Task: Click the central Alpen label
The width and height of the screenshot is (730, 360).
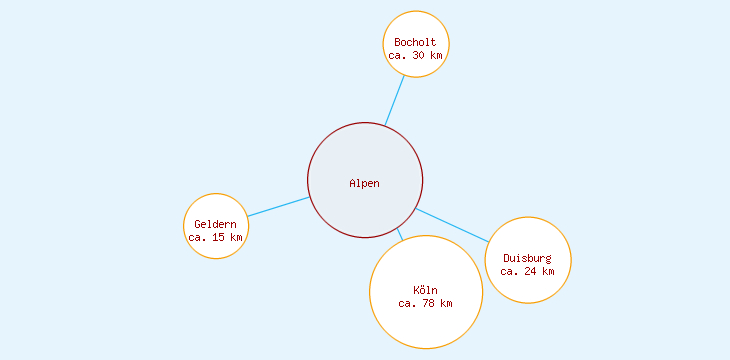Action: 365,183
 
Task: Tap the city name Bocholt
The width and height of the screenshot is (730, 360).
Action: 415,42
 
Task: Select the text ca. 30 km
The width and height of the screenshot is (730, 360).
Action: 415,56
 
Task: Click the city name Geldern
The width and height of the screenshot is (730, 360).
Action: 215,224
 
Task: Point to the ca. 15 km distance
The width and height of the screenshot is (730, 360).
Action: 215,238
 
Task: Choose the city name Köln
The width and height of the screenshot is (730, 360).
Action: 425,290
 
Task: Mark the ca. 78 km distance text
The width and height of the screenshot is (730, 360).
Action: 425,303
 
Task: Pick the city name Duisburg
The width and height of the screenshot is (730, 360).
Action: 527,258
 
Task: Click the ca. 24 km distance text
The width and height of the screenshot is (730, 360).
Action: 527,271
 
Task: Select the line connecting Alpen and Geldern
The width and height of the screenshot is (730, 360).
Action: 278,206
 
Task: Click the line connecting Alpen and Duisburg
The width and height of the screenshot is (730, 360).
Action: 452,225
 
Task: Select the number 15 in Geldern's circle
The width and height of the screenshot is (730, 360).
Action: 218,238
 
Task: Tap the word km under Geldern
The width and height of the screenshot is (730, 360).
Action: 236,238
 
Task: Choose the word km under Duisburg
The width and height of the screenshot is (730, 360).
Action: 548,271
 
